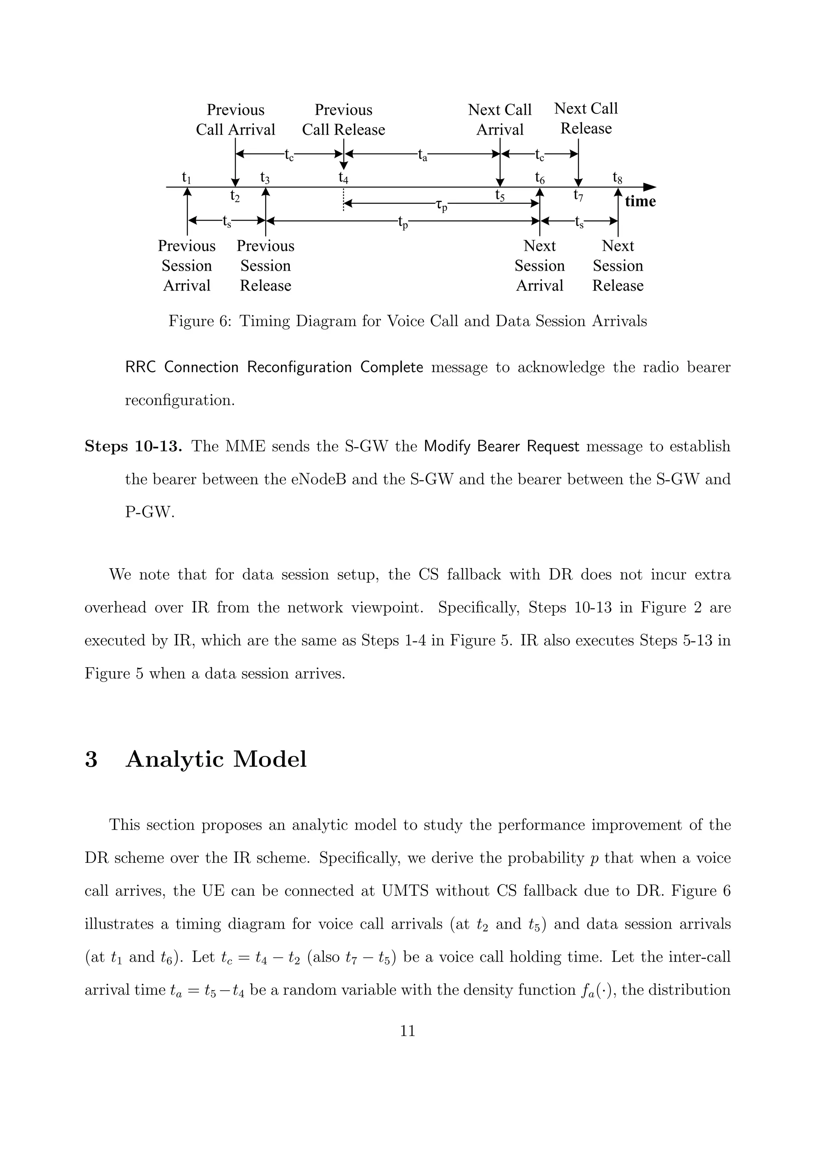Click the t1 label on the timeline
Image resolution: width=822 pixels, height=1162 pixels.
(x=186, y=178)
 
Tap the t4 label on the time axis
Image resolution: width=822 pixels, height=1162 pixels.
(x=344, y=178)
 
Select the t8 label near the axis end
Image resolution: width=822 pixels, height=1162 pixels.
(x=617, y=178)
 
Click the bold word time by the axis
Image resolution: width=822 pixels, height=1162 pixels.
(x=640, y=201)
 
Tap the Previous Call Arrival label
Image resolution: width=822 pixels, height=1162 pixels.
(x=236, y=119)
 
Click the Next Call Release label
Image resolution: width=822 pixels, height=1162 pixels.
(x=586, y=118)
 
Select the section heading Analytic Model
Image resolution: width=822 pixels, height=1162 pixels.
(x=216, y=759)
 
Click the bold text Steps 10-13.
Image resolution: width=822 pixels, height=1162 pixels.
(x=133, y=446)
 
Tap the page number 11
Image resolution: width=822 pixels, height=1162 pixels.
(x=408, y=1031)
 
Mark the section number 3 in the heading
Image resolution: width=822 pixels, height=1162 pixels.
(x=91, y=759)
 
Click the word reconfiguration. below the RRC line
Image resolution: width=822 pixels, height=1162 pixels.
(x=180, y=400)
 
